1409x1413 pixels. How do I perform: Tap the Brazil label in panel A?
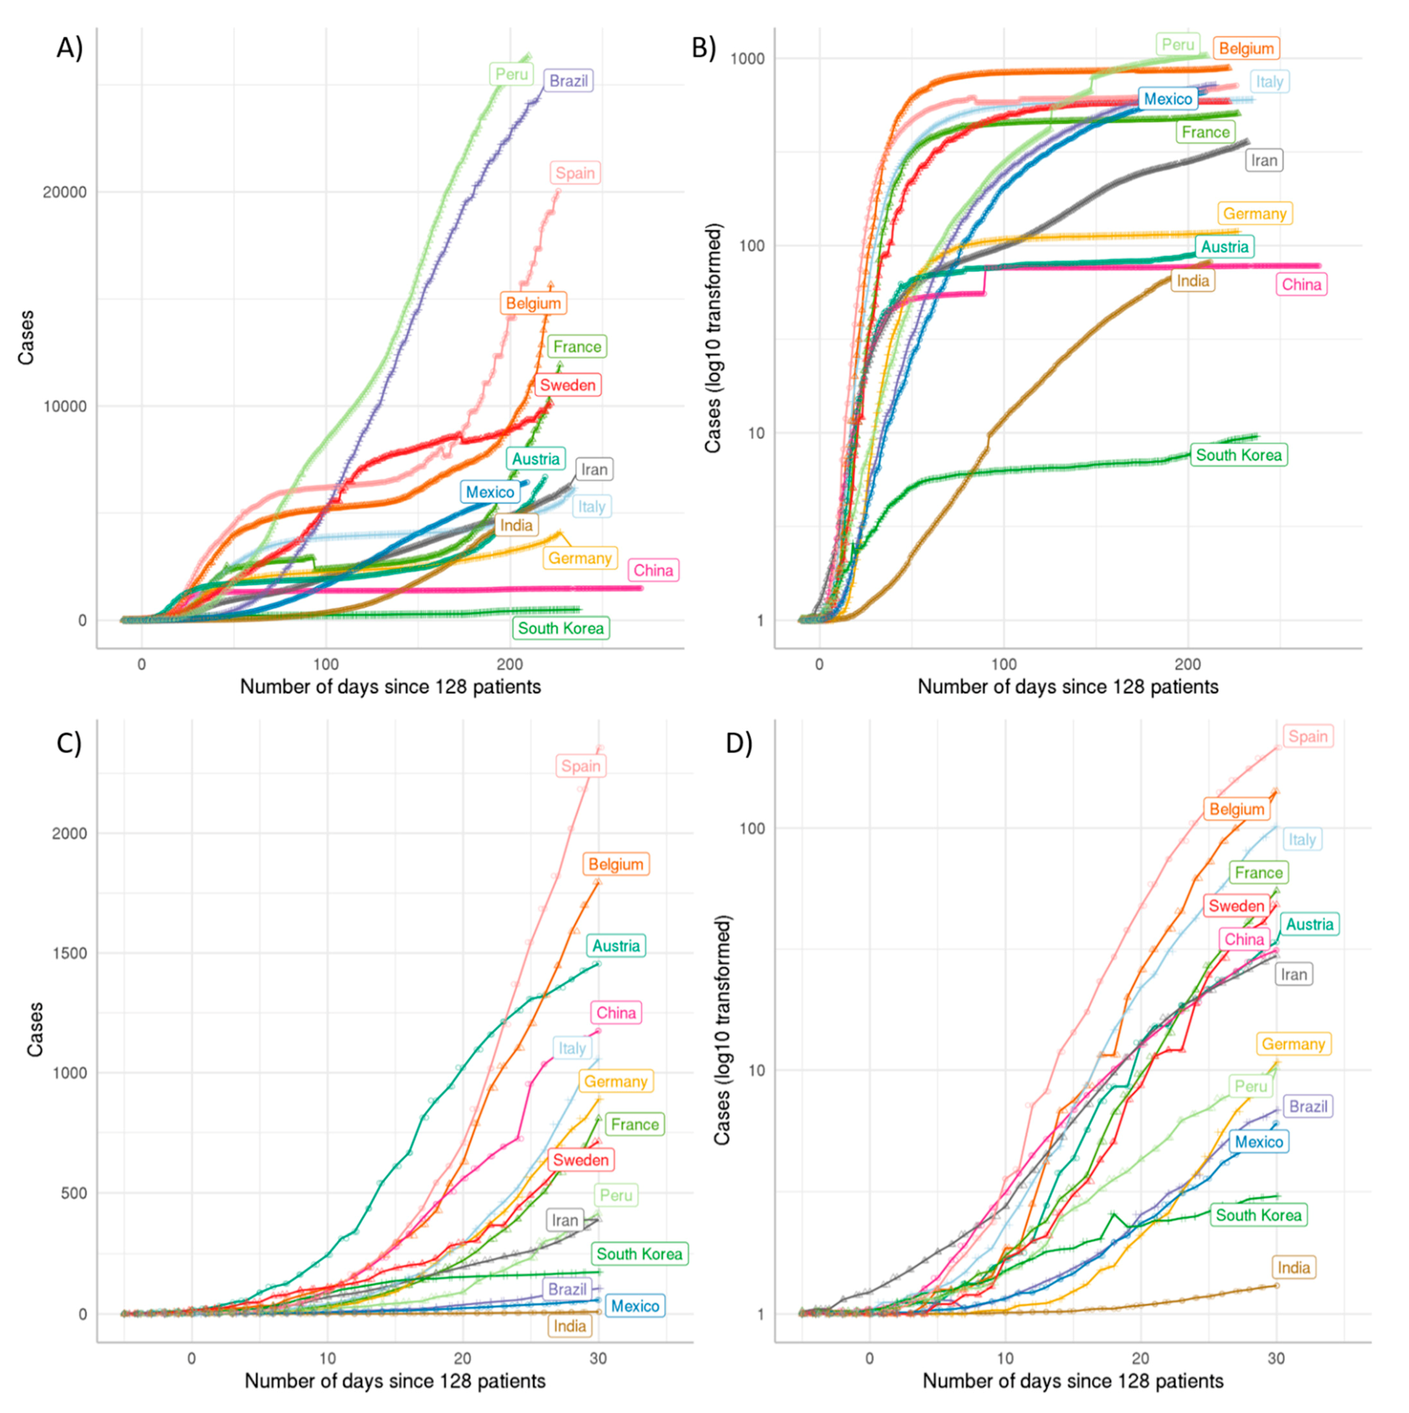tap(568, 80)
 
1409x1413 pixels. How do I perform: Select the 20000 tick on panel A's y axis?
tap(64, 192)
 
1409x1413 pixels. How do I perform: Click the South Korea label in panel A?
tap(561, 628)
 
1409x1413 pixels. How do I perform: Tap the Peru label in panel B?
tap(1178, 45)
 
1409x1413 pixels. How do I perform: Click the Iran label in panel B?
tap(1264, 160)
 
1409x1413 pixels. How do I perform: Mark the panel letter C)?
tap(70, 743)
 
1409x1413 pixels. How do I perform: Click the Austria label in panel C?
tap(616, 946)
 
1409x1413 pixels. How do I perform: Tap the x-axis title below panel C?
tap(395, 1381)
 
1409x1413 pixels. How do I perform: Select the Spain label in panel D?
tap(1308, 736)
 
